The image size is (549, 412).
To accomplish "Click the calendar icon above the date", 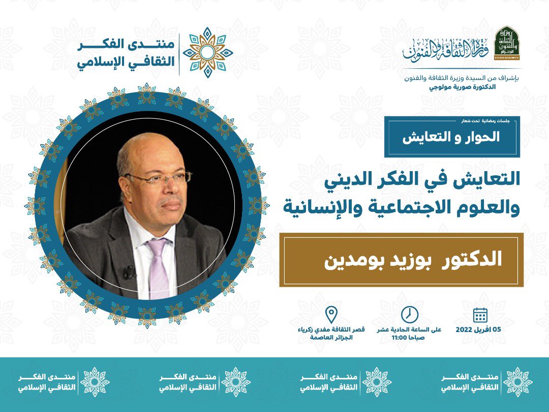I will (480, 315).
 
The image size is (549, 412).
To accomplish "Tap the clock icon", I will (409, 315).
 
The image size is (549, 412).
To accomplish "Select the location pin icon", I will (331, 315).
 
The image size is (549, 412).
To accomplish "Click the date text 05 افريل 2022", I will (479, 329).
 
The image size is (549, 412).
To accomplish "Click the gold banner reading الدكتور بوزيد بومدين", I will (401, 260).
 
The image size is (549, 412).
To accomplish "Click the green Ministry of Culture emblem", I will (506, 43).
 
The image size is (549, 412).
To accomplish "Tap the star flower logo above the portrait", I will (208, 52).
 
